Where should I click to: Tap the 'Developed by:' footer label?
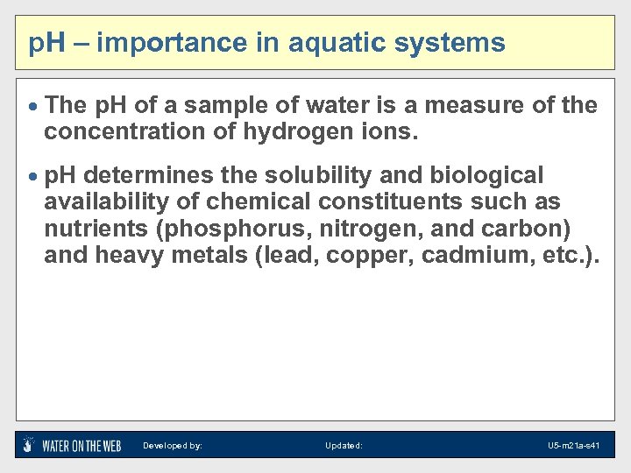tap(173, 446)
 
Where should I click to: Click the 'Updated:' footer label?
tap(344, 446)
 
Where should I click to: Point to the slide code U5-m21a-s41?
tap(573, 446)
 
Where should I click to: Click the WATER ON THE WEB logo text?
tap(82, 445)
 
